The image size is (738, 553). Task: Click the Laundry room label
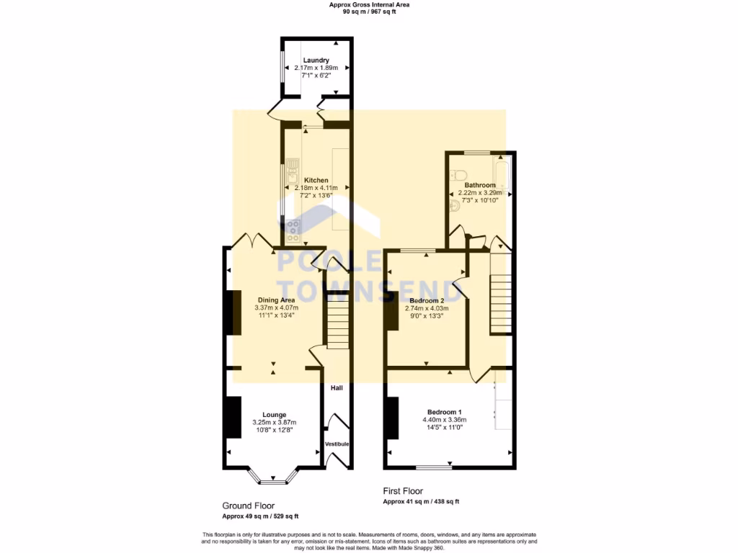point(316,60)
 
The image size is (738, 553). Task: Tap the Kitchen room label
point(316,180)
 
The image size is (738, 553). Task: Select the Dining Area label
point(276,300)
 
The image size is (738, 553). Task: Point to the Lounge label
point(274,415)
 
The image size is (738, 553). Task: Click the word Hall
point(337,388)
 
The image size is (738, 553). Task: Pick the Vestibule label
point(337,444)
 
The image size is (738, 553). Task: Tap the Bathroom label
point(479,185)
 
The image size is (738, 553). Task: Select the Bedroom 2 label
point(427,300)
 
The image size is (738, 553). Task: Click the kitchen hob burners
point(293,230)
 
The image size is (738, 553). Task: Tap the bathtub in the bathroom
point(504,173)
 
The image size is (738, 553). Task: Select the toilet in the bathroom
point(459,174)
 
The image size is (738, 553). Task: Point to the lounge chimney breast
point(233,417)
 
